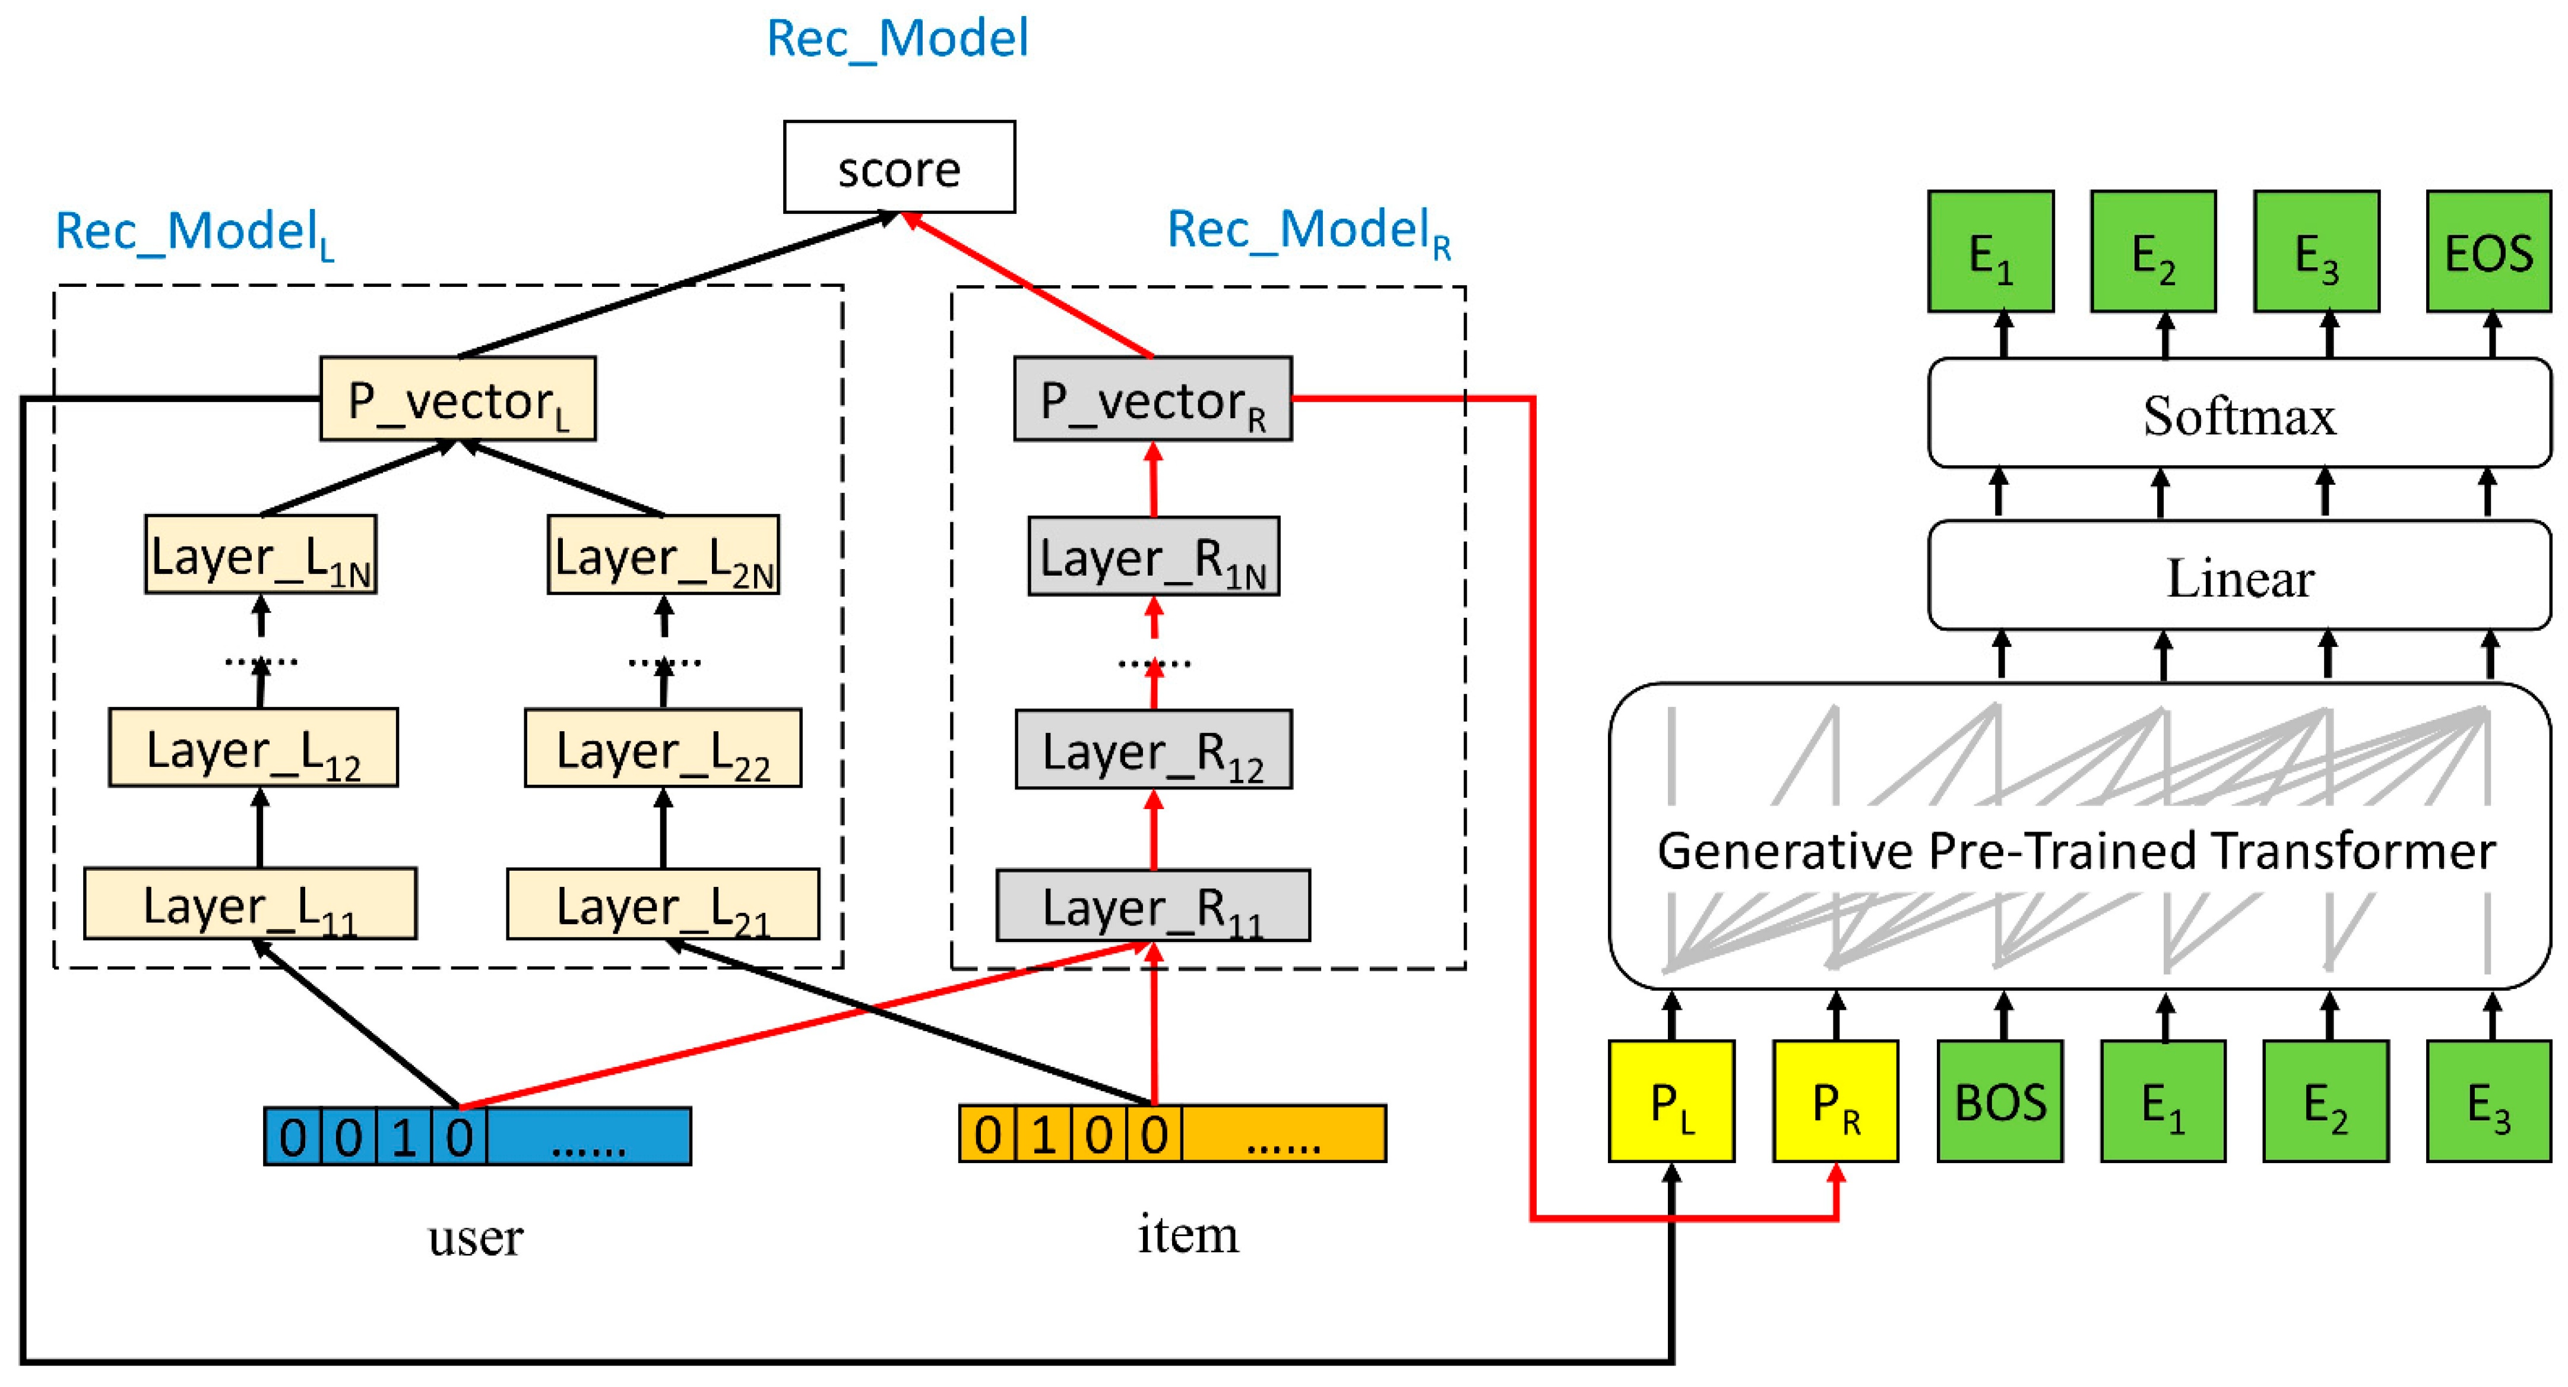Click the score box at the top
click(x=898, y=168)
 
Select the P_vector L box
click(x=458, y=399)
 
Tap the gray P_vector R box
click(x=1152, y=399)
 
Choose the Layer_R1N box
click(x=1154, y=557)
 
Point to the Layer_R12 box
click(x=1154, y=750)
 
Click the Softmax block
click(x=2239, y=414)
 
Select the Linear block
click(x=2239, y=576)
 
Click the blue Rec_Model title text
click(x=897, y=38)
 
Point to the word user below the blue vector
click(x=476, y=1237)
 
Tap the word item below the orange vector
click(x=1188, y=1234)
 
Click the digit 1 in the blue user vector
click(x=404, y=1137)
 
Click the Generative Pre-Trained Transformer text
click(x=2076, y=851)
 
